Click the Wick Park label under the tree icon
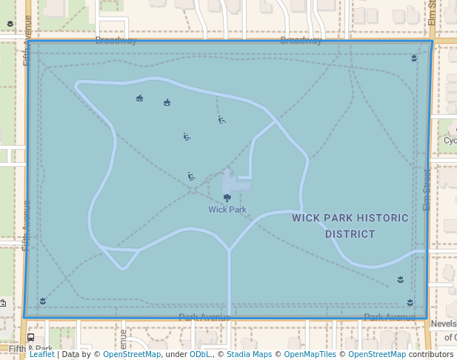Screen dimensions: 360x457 (x=227, y=210)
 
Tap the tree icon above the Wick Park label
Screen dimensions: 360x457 (x=227, y=198)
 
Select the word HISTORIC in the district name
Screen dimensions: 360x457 (x=378, y=218)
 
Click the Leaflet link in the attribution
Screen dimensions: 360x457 (x=42, y=354)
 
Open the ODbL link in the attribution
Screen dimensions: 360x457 (x=200, y=354)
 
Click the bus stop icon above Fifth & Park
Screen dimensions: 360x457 (x=30, y=338)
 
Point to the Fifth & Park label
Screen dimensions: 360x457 (x=30, y=349)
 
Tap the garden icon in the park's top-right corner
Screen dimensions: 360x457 (x=414, y=57)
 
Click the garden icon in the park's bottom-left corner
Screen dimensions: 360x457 (x=43, y=300)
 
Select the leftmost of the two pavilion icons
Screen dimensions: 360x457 (x=139, y=98)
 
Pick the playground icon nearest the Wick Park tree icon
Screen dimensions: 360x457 (x=191, y=176)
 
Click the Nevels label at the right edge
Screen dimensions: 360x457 (x=443, y=324)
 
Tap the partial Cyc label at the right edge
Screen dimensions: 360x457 (x=450, y=141)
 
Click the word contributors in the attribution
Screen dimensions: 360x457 (x=431, y=354)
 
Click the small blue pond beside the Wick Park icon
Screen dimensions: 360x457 (x=236, y=181)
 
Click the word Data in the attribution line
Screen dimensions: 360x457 (x=72, y=354)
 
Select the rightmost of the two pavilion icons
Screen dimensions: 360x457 (x=167, y=102)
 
